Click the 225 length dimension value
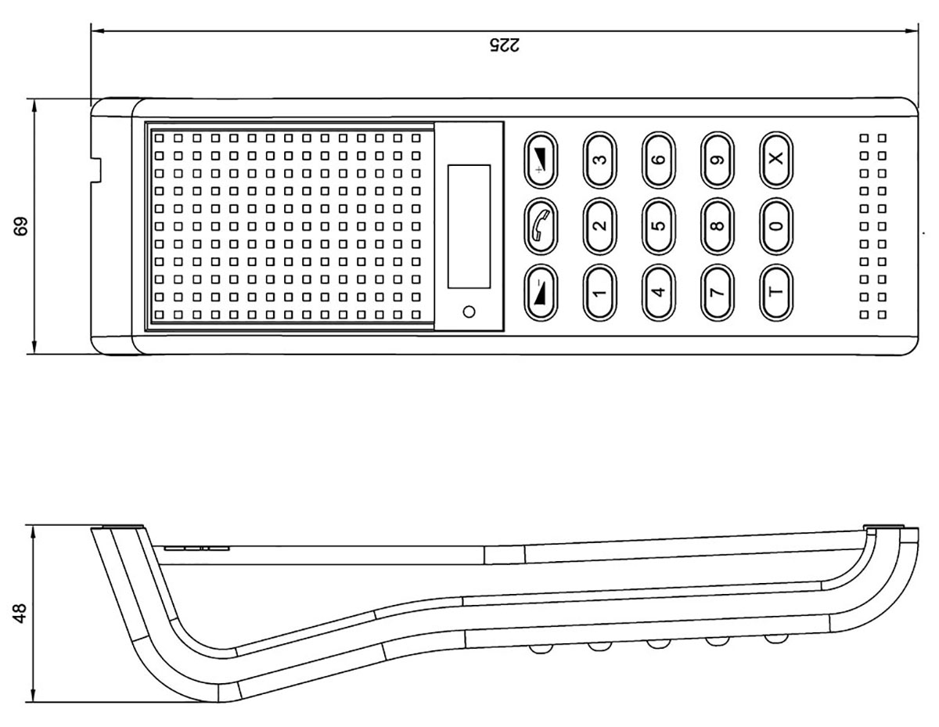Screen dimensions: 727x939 click(504, 45)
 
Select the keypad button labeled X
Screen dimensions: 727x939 click(775, 159)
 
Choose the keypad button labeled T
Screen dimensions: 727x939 click(775, 293)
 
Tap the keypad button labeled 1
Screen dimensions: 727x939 click(599, 293)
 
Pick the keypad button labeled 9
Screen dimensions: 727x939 click(718, 159)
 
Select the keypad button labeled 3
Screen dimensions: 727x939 click(599, 159)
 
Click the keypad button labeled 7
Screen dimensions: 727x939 click(718, 293)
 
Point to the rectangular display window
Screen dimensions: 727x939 click(469, 226)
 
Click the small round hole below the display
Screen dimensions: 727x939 click(469, 311)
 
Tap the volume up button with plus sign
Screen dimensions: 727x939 click(540, 159)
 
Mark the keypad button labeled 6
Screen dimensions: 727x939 click(659, 159)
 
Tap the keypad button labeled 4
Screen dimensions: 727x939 click(659, 293)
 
